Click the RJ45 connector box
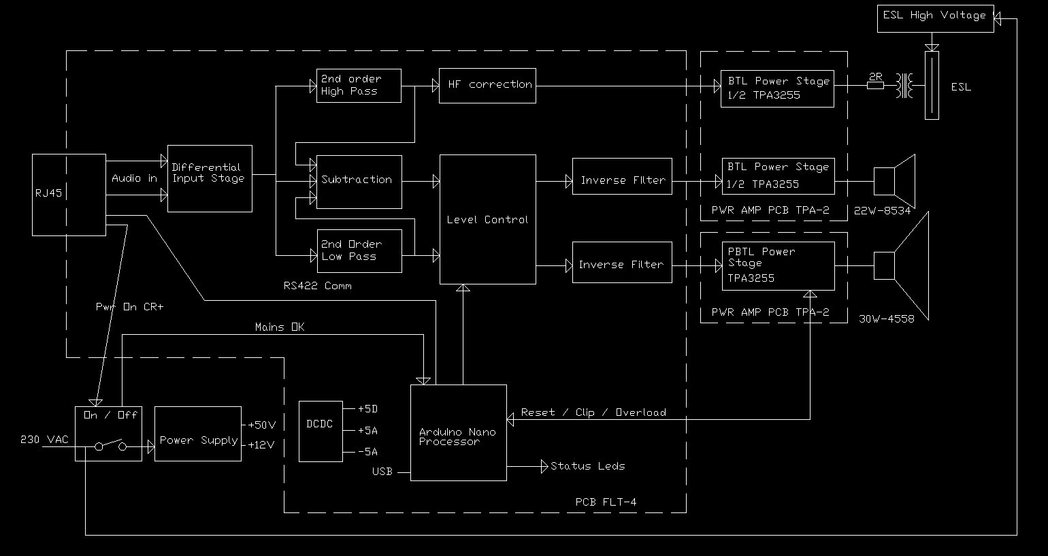tap(69, 195)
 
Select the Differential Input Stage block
tap(210, 178)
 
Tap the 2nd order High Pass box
tap(359, 86)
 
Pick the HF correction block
tap(487, 86)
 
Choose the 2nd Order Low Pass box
tap(360, 251)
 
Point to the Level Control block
tap(487, 219)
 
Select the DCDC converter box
tap(321, 431)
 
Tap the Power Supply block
tap(197, 434)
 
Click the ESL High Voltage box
tap(936, 17)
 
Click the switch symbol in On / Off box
tap(110, 446)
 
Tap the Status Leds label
tap(587, 466)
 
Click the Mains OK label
tap(280, 327)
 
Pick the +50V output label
tap(261, 425)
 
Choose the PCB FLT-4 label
tap(606, 503)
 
